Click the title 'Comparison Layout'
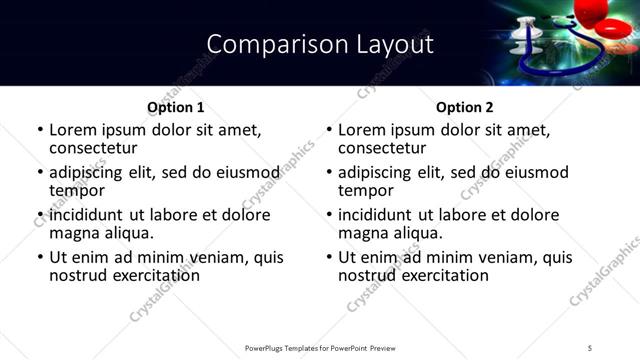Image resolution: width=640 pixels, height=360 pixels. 320,45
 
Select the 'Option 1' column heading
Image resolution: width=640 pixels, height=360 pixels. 175,107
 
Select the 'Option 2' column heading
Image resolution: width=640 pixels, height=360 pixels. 464,107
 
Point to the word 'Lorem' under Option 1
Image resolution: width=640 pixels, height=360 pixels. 73,130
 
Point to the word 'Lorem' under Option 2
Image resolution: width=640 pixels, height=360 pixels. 362,130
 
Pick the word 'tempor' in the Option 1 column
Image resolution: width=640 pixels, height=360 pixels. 77,190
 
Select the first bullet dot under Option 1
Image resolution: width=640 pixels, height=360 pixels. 40,131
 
